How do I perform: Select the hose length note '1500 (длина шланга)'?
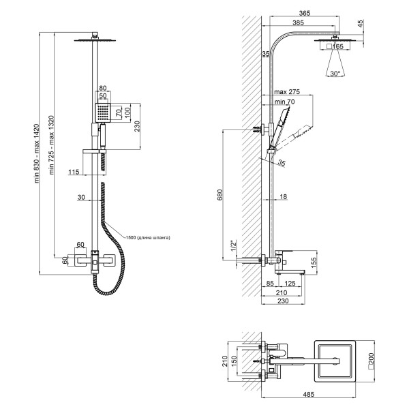pyautogui.click(x=147, y=237)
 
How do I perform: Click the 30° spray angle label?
pyautogui.click(x=334, y=72)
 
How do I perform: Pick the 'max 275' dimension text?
pyautogui.click(x=287, y=91)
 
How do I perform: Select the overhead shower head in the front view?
pyautogui.click(x=91, y=40)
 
